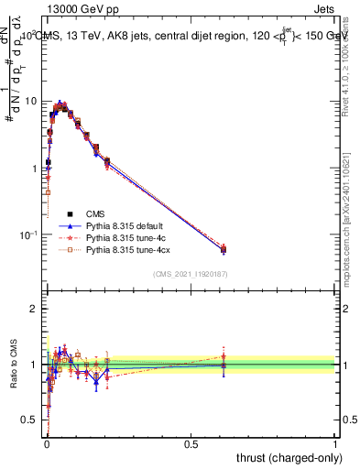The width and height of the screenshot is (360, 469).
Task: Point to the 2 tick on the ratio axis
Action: coord(36,309)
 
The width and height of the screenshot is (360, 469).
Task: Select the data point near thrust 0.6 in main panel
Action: coord(224,249)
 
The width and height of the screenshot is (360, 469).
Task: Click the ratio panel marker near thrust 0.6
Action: coord(224,365)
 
